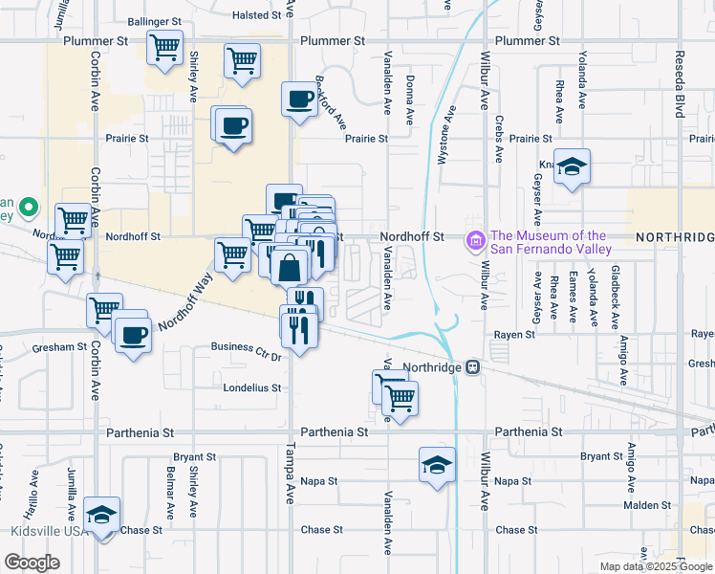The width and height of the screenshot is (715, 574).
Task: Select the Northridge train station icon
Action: (472, 367)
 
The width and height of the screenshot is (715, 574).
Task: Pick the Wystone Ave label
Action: (443, 144)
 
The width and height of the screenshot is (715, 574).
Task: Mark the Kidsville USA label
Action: (43, 531)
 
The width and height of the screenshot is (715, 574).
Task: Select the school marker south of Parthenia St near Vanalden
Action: (437, 466)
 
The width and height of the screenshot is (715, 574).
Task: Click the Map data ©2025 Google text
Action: (657, 566)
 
